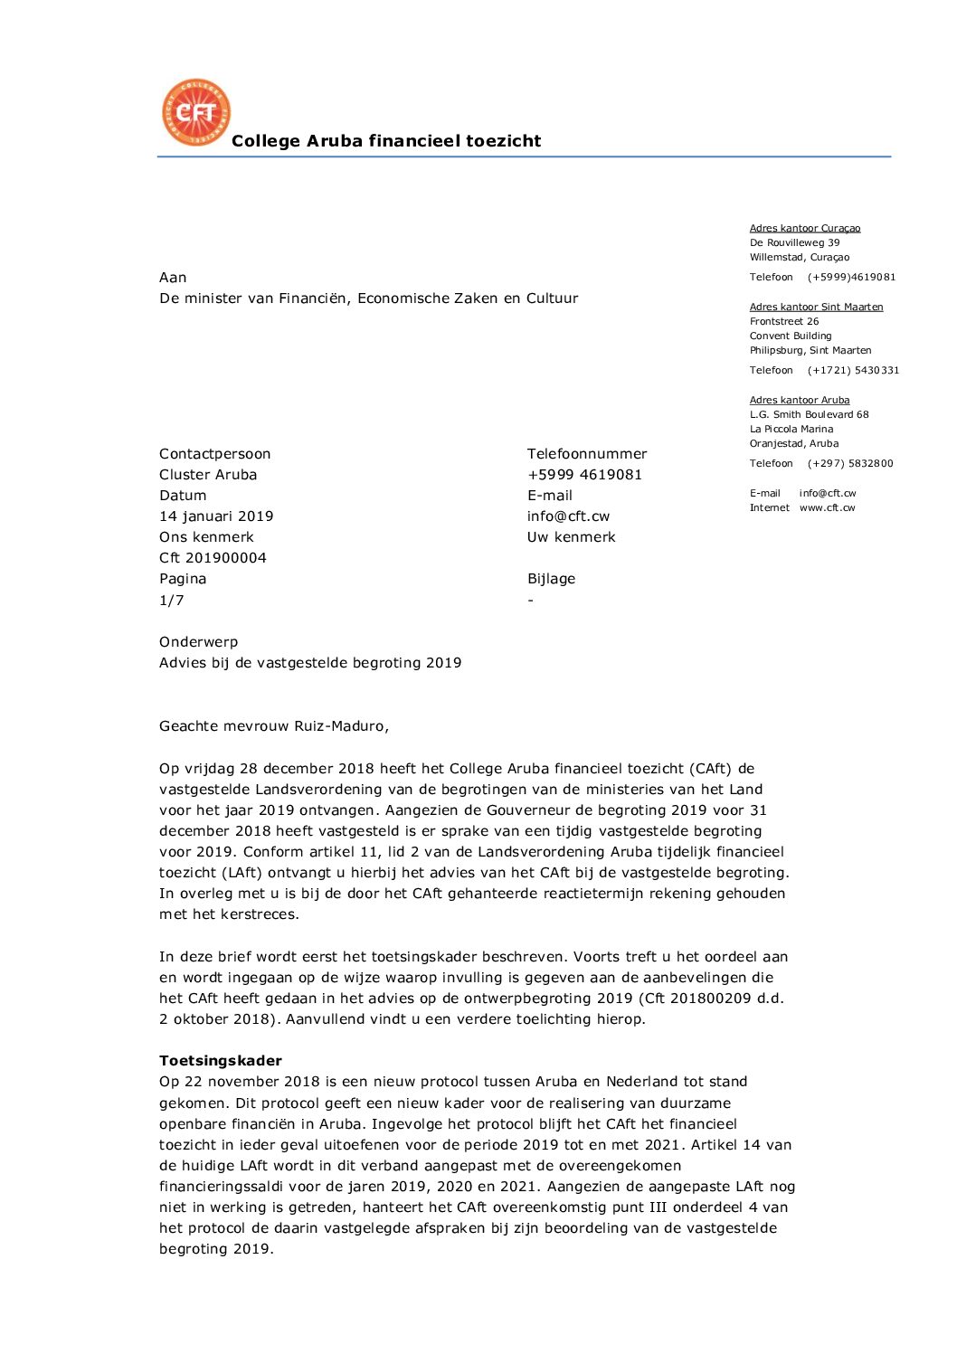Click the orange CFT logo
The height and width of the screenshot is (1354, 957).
coord(196,112)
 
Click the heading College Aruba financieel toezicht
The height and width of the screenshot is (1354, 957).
coord(386,141)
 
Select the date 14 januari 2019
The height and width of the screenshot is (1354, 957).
coord(216,516)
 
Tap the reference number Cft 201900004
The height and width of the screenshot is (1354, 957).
coord(213,558)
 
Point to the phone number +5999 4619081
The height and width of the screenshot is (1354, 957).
coord(584,475)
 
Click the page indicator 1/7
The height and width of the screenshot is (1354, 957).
coord(172,601)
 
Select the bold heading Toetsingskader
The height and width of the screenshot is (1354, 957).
coord(221,1061)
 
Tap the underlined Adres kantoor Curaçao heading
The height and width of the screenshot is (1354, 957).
coord(805,229)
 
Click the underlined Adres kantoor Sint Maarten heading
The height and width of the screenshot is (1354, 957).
coord(816,308)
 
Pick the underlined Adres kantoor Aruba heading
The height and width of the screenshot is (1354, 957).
coord(800,401)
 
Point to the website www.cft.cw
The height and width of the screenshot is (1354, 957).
coord(827,508)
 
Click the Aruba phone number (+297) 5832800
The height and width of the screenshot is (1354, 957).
coord(850,464)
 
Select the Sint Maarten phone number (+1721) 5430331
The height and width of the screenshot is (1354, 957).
coord(853,371)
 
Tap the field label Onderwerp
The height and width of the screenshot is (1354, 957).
coord(199,642)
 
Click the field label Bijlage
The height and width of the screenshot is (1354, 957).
coord(551,579)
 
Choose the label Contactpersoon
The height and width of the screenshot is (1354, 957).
coord(215,454)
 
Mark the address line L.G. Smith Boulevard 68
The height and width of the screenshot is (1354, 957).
coord(809,415)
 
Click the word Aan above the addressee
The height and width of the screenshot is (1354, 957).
coord(173,278)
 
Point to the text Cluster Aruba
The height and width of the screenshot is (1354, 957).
coord(208,475)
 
